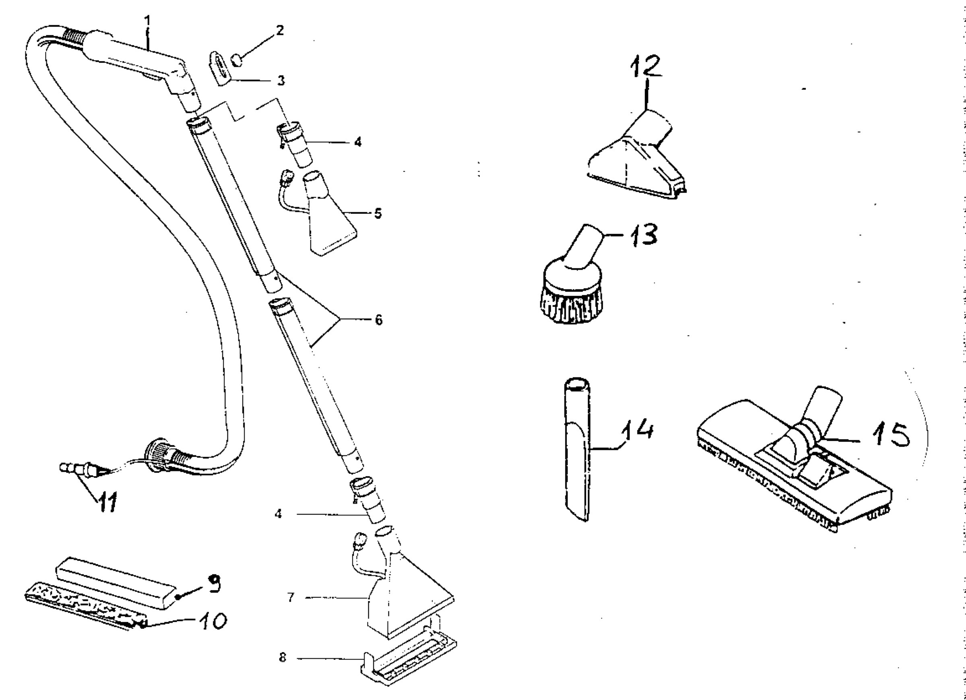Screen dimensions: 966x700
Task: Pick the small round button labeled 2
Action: pyautogui.click(x=237, y=59)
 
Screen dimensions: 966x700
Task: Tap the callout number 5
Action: pyautogui.click(x=378, y=213)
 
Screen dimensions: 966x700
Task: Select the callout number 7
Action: pyautogui.click(x=291, y=597)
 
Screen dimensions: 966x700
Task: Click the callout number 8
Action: pyautogui.click(x=283, y=657)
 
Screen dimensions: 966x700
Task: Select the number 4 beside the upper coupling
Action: pyautogui.click(x=358, y=142)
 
